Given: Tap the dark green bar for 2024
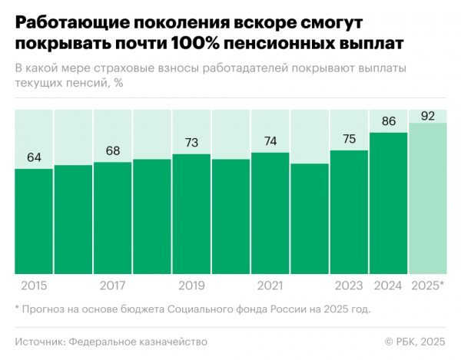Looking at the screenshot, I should (388, 203).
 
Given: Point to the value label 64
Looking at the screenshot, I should (34, 157).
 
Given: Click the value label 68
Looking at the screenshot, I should (113, 150).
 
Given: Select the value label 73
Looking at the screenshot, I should (191, 143).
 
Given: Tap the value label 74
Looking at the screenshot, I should (270, 141).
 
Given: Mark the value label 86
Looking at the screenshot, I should (388, 121).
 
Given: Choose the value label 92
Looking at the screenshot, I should (427, 116).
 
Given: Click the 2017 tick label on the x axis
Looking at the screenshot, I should (113, 286).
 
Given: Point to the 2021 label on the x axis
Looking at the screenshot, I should (270, 286).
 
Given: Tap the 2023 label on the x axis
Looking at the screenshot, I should (349, 286).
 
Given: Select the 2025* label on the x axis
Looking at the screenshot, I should (427, 286).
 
